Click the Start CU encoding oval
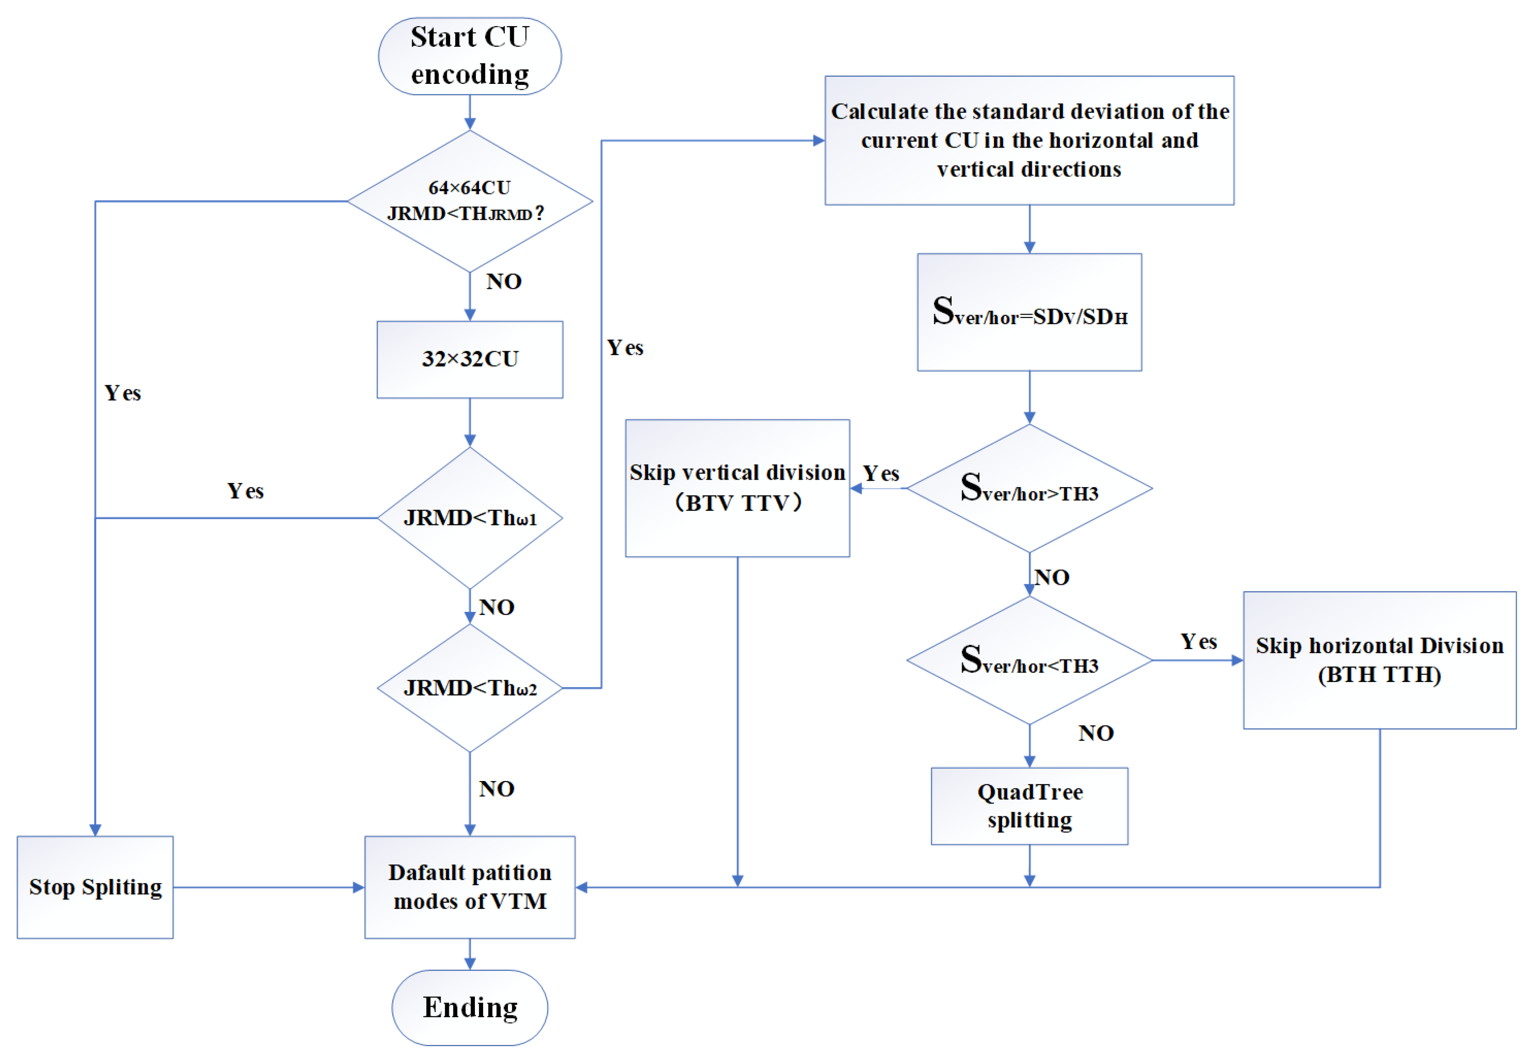(x=469, y=56)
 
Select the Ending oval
(x=469, y=1007)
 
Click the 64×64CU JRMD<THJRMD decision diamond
(x=469, y=201)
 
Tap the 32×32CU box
(x=469, y=360)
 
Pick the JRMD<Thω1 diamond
(x=469, y=517)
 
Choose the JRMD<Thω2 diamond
(x=469, y=687)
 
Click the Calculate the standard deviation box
(x=1029, y=140)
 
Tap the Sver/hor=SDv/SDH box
(x=1029, y=311)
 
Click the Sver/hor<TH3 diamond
(x=1029, y=659)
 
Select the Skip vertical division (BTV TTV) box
(x=737, y=488)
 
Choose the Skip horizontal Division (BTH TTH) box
(x=1379, y=659)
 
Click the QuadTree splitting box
(x=1029, y=805)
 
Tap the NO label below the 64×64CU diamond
(x=503, y=281)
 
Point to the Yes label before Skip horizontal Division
(x=1198, y=641)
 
